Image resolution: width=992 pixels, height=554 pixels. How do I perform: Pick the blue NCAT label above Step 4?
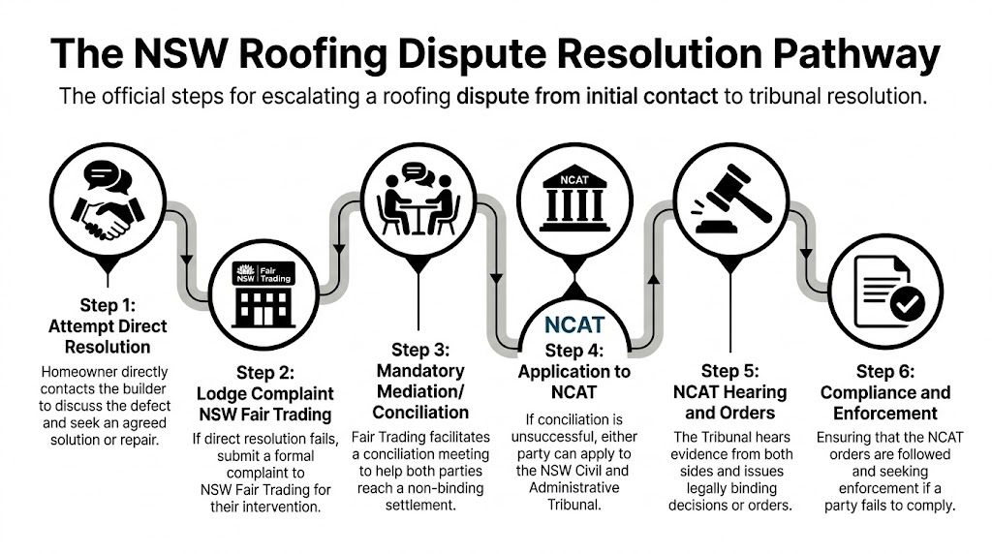pyautogui.click(x=575, y=326)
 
